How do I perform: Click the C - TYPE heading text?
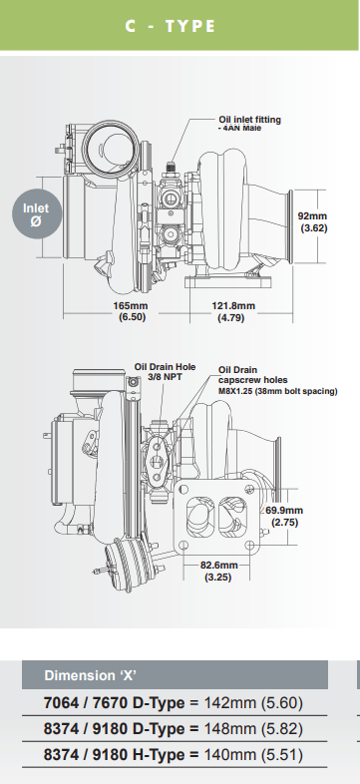click(x=170, y=27)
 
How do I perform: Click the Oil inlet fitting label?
click(x=249, y=120)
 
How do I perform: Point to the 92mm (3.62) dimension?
click(x=312, y=221)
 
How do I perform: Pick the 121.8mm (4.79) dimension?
click(x=234, y=312)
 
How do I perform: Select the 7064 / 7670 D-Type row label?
click(x=100, y=703)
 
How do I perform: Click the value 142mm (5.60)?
click(x=253, y=703)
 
